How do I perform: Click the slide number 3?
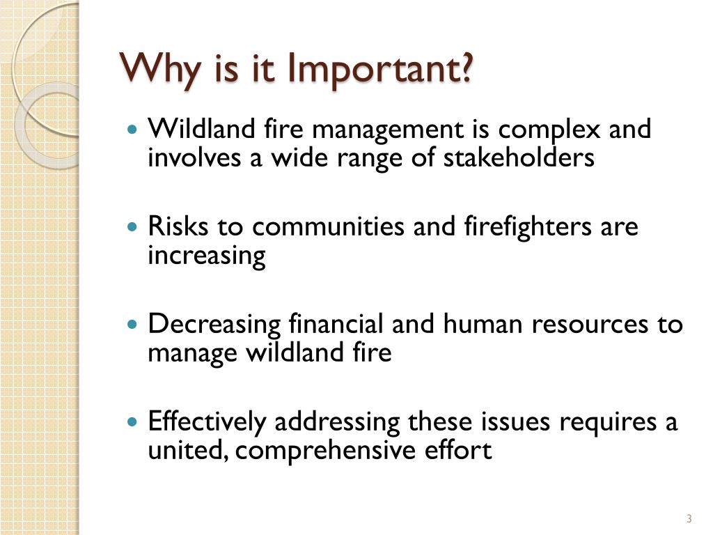pyautogui.click(x=689, y=518)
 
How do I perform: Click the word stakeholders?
pyautogui.click(x=519, y=158)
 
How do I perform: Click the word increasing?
pyautogui.click(x=207, y=256)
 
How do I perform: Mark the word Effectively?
pyautogui.click(x=207, y=422)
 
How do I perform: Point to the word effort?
pyautogui.click(x=458, y=451)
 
